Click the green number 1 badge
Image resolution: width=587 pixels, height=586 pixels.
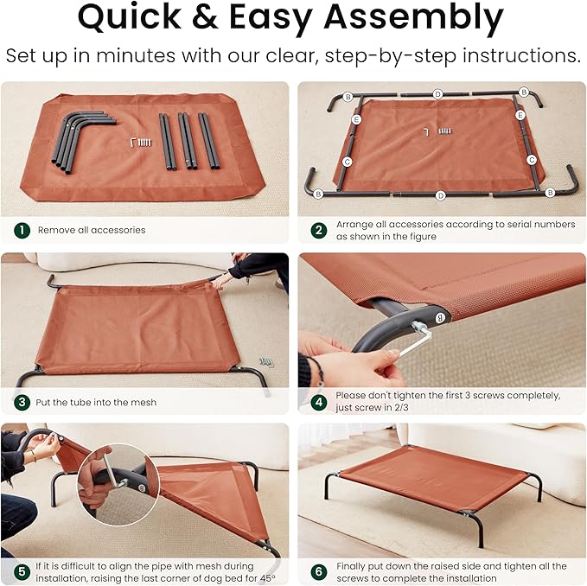click(22, 230)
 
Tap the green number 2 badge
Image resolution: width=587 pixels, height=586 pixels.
click(319, 230)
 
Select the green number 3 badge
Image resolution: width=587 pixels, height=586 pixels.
click(22, 402)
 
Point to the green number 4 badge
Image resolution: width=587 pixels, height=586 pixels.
click(319, 402)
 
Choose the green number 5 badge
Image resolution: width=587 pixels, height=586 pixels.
click(22, 572)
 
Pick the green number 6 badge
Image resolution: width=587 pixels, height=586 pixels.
click(319, 572)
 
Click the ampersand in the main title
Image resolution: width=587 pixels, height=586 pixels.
click(205, 16)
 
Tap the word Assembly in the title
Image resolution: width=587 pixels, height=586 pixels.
click(414, 19)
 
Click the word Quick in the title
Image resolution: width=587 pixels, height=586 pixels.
click(130, 16)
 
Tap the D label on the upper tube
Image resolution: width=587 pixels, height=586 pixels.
click(437, 94)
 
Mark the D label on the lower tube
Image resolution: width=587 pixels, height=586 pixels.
click(441, 195)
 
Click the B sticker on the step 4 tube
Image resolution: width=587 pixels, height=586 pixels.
click(440, 318)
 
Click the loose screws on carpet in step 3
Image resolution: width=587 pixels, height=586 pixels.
click(265, 362)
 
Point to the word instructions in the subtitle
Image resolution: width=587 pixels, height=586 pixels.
click(521, 56)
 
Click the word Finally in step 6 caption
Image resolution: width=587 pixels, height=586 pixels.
click(351, 566)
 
